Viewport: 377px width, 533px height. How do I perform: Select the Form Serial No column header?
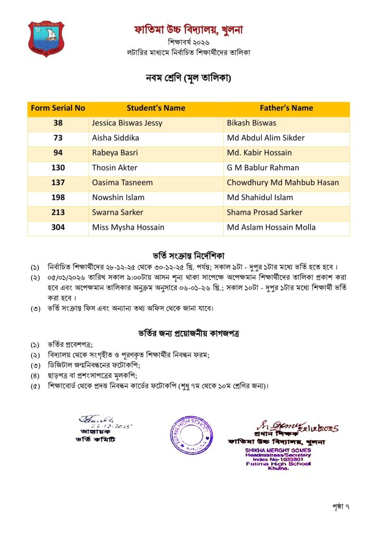click(58, 108)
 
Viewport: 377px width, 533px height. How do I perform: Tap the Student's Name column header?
click(156, 108)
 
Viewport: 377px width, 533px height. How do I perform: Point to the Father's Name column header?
click(286, 108)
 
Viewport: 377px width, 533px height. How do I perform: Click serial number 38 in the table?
click(58, 123)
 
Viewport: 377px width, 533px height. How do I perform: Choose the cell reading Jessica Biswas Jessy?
click(127, 123)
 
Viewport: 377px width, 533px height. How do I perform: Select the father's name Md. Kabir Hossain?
click(259, 153)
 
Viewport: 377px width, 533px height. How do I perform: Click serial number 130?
click(58, 168)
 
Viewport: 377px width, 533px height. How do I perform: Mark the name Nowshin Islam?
click(118, 197)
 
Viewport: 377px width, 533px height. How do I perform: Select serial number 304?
click(58, 227)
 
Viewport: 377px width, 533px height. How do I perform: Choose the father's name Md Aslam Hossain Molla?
click(271, 227)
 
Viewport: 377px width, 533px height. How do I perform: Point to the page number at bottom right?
click(341, 505)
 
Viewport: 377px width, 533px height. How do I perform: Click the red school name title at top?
click(188, 30)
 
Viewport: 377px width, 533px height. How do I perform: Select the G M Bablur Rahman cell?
click(263, 168)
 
